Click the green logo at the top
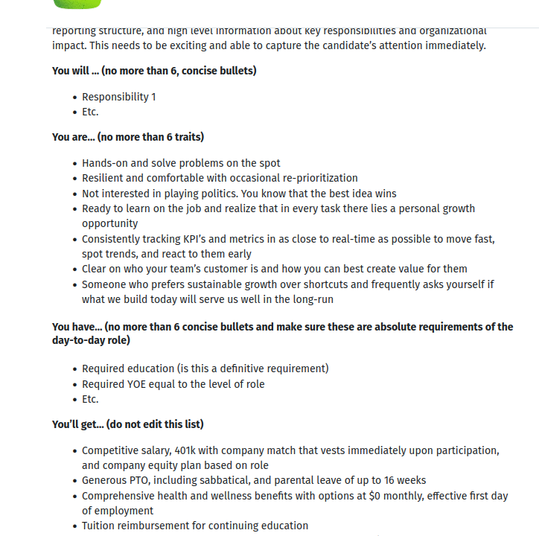click(77, 4)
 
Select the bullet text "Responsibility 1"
click(119, 97)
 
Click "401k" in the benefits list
click(188, 450)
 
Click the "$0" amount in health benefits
click(377, 496)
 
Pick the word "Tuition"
click(101, 526)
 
